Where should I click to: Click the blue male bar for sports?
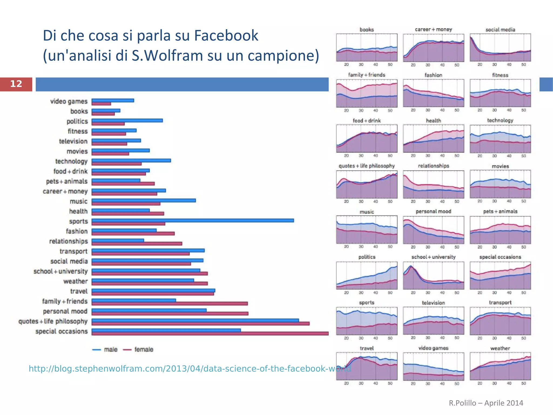pos(193,220)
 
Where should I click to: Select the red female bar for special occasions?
pos(210,334)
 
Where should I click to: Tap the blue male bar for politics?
pos(127,120)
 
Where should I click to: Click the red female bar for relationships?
pos(137,243)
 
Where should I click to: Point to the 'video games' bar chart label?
pos(69,101)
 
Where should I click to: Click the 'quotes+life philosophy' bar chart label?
pos(53,321)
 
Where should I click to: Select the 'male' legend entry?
pos(105,350)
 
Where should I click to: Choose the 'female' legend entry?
pos(138,350)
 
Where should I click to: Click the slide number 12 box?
pos(16,84)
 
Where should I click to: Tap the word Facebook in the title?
pos(226,35)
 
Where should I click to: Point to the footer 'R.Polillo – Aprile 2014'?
pos(486,403)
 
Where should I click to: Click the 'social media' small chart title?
pos(500,30)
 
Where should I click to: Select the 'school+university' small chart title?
pos(433,257)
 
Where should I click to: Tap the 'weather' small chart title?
pos(500,348)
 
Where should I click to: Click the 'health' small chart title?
pos(433,121)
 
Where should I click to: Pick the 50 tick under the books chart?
pos(390,65)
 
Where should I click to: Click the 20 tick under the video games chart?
pos(413,384)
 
